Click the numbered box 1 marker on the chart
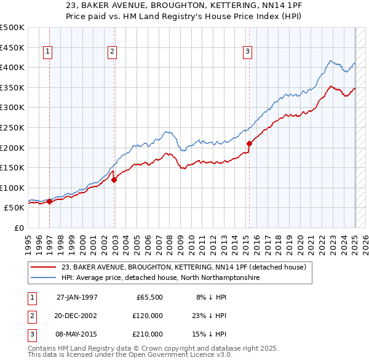pyautogui.click(x=48, y=52)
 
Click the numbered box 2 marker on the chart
pyautogui.click(x=112, y=52)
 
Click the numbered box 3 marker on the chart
pyautogui.click(x=247, y=52)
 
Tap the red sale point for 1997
pyautogui.click(x=49, y=201)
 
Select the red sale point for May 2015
pyautogui.click(x=249, y=143)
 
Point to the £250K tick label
pyautogui.click(x=12, y=127)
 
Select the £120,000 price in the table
pyautogui.click(x=148, y=316)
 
